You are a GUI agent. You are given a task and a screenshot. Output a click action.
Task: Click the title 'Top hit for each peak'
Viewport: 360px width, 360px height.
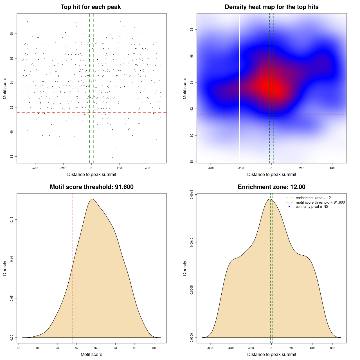pos(91,7)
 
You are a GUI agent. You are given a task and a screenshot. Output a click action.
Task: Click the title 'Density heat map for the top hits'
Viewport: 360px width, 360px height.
pos(271,7)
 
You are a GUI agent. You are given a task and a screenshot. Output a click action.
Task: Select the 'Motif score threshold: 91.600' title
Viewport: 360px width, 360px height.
pos(91,187)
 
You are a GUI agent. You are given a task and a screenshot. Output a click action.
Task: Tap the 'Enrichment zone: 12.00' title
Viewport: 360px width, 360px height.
pos(271,187)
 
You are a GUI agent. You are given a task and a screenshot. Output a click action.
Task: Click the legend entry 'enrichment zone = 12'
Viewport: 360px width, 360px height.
pos(313,198)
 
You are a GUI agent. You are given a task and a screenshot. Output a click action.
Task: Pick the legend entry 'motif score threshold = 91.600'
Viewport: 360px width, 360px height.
pos(320,202)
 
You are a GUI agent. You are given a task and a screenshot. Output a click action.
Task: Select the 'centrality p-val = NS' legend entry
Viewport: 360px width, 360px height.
pos(312,207)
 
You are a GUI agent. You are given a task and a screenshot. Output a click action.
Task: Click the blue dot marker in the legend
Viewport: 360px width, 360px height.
pos(289,207)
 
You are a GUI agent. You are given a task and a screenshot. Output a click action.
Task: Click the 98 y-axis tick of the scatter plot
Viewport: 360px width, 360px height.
pos(11,34)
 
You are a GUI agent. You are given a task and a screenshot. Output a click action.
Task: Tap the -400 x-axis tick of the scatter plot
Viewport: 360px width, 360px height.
pos(35,168)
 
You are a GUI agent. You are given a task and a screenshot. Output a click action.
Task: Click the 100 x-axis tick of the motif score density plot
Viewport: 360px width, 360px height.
pos(154,348)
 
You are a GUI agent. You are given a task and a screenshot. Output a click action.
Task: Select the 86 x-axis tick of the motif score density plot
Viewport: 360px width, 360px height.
pos(19,348)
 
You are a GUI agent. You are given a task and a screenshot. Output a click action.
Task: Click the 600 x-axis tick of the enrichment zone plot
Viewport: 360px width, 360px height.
pos(333,348)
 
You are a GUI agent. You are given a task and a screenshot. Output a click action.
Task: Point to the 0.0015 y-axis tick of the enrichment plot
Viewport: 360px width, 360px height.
pos(192,195)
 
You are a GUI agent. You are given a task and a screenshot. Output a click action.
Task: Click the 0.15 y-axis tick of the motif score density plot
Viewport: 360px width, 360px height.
pos(12,219)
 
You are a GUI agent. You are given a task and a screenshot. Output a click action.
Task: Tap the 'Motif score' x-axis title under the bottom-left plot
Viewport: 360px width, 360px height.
pos(91,354)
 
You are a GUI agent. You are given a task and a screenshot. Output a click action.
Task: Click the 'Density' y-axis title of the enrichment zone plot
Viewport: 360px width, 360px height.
pos(185,268)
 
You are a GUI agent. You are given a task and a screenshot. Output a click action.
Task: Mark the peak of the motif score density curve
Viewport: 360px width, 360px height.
pos(92,199)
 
